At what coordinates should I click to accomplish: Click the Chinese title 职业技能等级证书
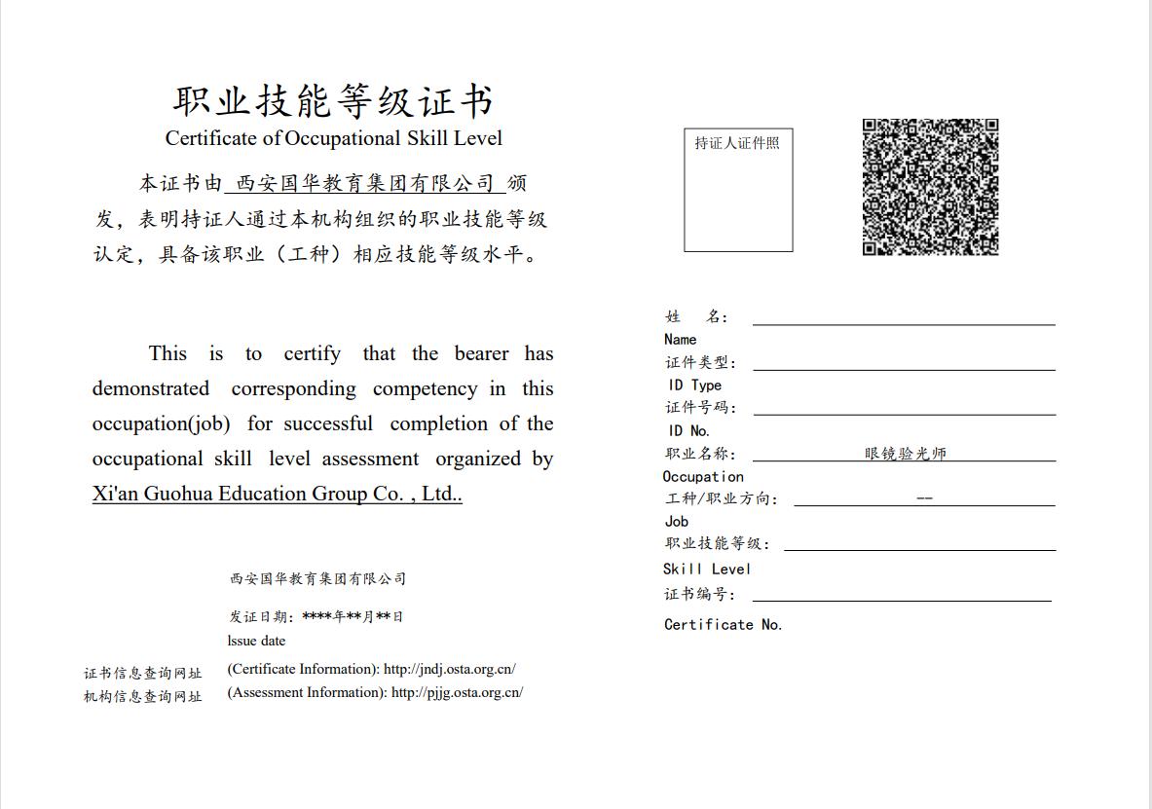(334, 101)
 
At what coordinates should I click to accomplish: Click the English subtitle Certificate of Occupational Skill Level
(334, 138)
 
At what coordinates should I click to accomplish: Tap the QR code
(930, 187)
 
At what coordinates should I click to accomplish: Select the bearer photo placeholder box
(738, 190)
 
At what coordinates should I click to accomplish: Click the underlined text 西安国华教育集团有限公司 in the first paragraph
(365, 183)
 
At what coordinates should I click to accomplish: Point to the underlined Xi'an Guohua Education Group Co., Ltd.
(277, 494)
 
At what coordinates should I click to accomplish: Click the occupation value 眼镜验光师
(906, 454)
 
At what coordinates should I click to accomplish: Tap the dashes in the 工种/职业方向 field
(925, 498)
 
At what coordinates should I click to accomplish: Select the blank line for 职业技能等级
(919, 544)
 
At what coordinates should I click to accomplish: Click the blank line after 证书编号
(901, 595)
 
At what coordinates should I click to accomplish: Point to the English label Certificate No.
(723, 625)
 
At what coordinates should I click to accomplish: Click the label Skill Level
(707, 570)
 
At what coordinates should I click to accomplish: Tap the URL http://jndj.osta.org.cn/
(449, 669)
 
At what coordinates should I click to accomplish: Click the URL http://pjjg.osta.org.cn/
(457, 692)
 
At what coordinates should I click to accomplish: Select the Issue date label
(257, 641)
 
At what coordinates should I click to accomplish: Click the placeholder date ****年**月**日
(353, 616)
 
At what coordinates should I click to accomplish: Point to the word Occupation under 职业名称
(703, 477)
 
